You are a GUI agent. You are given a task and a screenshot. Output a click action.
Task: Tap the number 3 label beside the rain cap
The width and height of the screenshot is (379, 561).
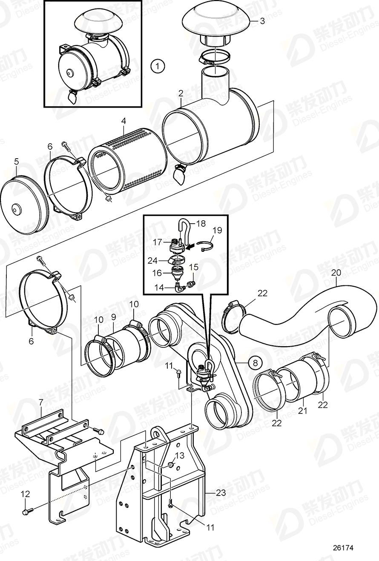[262, 21]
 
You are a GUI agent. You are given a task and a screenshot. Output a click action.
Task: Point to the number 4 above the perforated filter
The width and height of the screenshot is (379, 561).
[124, 121]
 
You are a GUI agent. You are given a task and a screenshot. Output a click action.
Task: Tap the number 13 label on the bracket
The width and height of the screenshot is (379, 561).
[180, 456]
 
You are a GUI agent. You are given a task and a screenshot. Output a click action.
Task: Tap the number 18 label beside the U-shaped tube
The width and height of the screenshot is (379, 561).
[200, 222]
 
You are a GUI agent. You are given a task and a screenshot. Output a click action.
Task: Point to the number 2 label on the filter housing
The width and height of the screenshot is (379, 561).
[181, 93]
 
